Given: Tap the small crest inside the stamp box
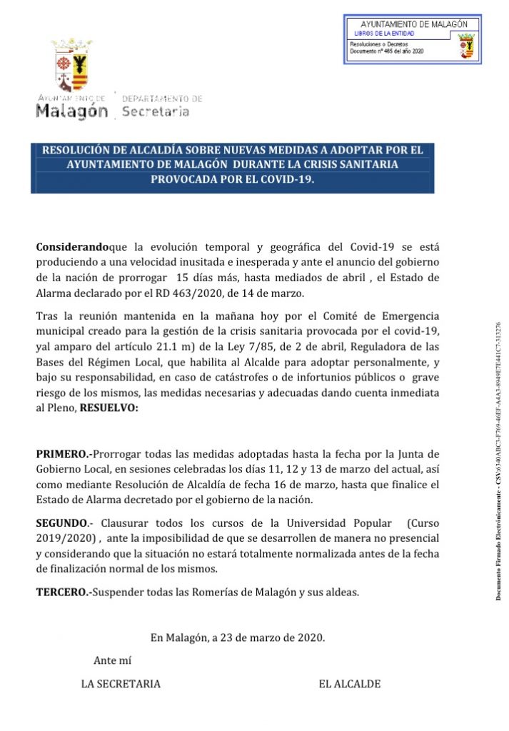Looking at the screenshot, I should point(466,47).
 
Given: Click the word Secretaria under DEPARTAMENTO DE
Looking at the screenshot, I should point(156,111).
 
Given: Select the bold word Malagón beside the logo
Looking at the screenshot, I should point(72,111).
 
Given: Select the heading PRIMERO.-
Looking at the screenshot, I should point(64,453).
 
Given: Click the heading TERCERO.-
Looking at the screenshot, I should point(64,592).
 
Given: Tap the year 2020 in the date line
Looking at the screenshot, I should point(311,637).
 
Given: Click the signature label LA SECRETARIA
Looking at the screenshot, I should point(121,684).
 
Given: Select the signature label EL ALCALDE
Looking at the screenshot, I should point(349,684).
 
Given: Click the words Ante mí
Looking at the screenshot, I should point(112,660).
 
